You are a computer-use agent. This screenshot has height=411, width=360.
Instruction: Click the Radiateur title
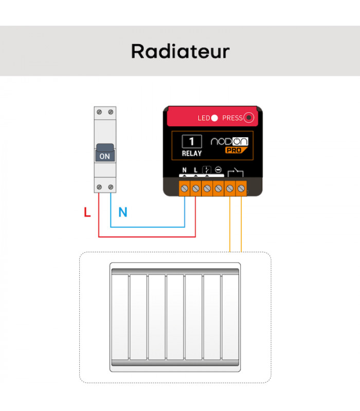(x=181, y=51)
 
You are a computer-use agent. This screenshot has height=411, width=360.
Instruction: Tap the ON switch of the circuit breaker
(x=105, y=153)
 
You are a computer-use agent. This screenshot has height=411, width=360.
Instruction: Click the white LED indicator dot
(x=214, y=118)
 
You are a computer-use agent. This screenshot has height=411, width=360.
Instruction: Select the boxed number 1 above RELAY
(x=192, y=142)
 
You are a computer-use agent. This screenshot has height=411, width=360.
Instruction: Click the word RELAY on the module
(x=192, y=153)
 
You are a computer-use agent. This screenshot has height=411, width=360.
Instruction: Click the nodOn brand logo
(x=229, y=141)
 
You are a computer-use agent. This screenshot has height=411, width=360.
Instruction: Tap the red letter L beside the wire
(x=87, y=212)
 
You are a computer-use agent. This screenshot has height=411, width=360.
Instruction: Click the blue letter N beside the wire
(x=123, y=212)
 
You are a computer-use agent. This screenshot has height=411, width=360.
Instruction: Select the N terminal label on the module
(x=185, y=170)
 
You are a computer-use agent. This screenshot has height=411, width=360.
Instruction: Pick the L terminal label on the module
(x=195, y=170)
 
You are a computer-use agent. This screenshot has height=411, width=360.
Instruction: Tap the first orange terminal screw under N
(x=185, y=189)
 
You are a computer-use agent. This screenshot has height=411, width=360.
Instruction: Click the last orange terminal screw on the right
(x=241, y=189)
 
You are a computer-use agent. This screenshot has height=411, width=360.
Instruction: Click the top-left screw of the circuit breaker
(x=99, y=112)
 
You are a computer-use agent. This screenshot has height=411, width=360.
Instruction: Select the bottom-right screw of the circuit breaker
(x=111, y=187)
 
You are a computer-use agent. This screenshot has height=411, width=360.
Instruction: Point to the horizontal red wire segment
(x=147, y=237)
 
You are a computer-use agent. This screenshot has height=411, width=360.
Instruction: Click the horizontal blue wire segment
(x=148, y=227)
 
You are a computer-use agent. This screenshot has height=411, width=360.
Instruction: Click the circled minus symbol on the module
(x=218, y=170)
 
